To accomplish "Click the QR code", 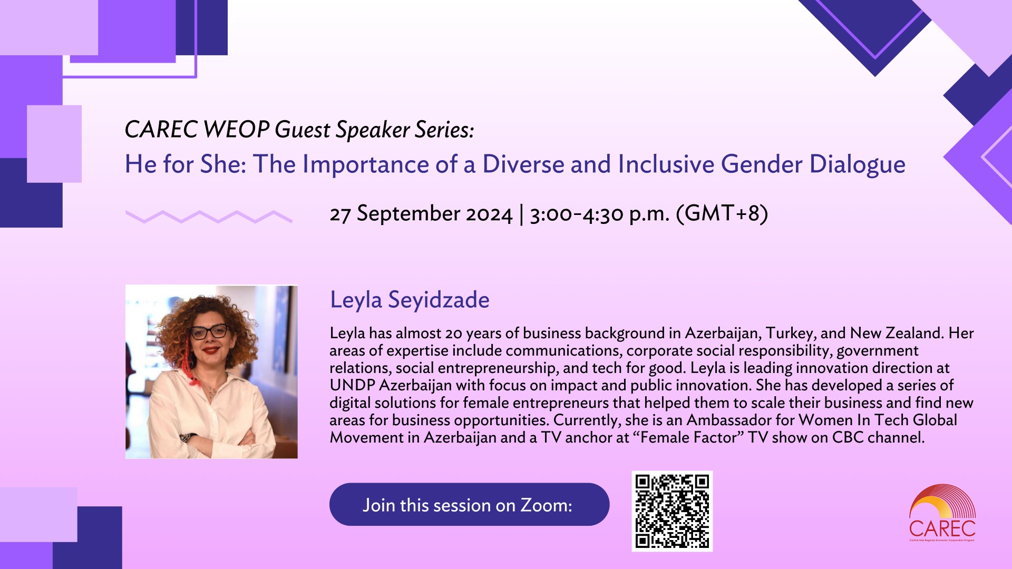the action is click(672, 511).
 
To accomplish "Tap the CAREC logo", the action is click(942, 513).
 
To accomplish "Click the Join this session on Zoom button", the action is click(469, 504).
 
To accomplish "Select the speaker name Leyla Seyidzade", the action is click(410, 300).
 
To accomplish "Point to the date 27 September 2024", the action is click(421, 213).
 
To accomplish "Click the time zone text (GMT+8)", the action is click(722, 213).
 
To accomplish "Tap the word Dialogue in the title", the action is click(858, 164).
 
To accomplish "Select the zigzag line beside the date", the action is click(209, 217).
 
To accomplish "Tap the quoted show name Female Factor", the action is click(692, 437).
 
